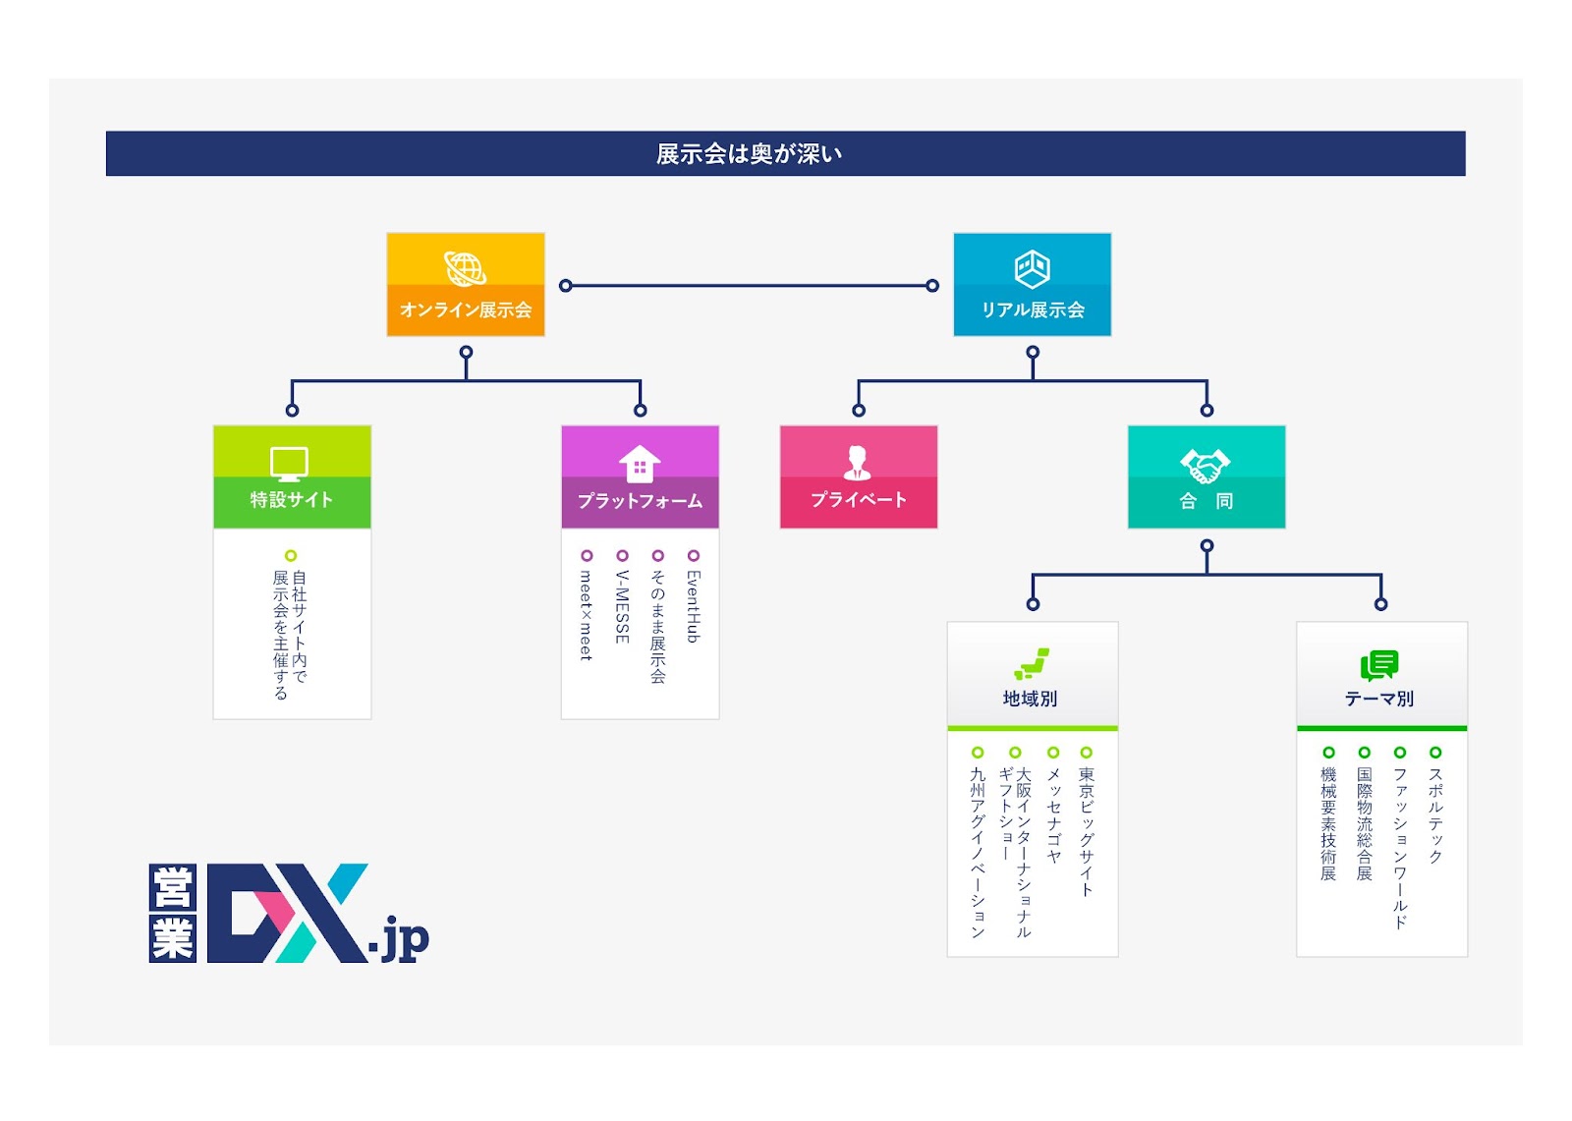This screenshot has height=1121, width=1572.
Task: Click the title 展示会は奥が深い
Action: coord(749,153)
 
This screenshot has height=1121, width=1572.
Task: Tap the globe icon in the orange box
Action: coord(466,268)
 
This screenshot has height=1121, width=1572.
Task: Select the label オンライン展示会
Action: coord(466,309)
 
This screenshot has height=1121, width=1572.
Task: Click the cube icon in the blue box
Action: coord(1033,269)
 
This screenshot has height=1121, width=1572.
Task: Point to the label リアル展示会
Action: coord(1033,309)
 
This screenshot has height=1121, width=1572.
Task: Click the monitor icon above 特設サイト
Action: coord(289,464)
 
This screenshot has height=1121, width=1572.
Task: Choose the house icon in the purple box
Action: coord(640,464)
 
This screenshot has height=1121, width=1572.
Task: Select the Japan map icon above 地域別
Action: coord(1032,663)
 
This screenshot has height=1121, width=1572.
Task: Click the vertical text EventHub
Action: coord(694,606)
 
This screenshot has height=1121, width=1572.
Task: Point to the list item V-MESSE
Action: coord(622,606)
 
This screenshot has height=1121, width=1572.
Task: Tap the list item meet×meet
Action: coord(586,615)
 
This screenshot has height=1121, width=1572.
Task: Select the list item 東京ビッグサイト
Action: coord(1087,832)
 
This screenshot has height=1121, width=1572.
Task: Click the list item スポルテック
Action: coord(1435,814)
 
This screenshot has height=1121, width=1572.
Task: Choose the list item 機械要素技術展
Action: coord(1328,823)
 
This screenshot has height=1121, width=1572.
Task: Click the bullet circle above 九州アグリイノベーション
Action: coord(978,753)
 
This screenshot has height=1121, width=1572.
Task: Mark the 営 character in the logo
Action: coord(173,886)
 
